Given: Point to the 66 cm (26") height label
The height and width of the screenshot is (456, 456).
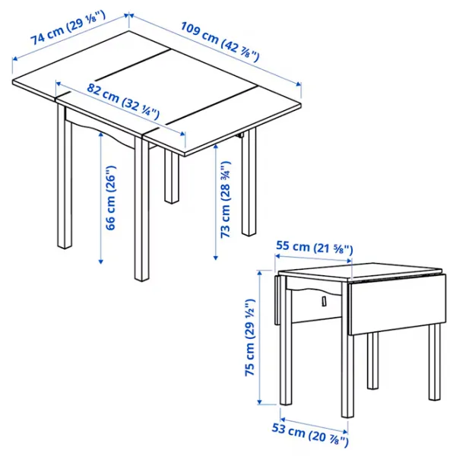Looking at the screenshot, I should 112,198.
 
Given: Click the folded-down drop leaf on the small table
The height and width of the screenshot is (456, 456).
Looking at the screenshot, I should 394,304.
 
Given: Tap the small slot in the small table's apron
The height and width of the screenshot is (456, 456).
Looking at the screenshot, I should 323,302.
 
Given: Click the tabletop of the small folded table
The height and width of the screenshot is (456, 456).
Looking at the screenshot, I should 357,270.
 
